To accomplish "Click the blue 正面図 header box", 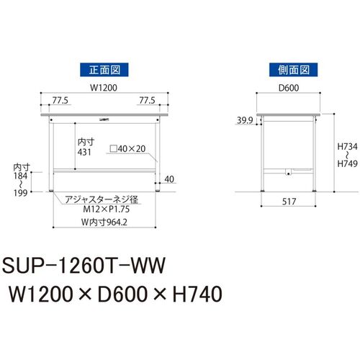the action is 104,70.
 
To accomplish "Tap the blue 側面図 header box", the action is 293,70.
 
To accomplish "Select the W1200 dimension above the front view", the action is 104,88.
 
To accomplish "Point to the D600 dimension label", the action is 289,88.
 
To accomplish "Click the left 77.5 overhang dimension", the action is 60,100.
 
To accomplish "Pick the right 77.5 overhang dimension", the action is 147,100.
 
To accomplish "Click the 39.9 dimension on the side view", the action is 245,120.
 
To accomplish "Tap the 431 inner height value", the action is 84,152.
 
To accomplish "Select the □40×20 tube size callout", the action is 127,149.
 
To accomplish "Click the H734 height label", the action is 347,146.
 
